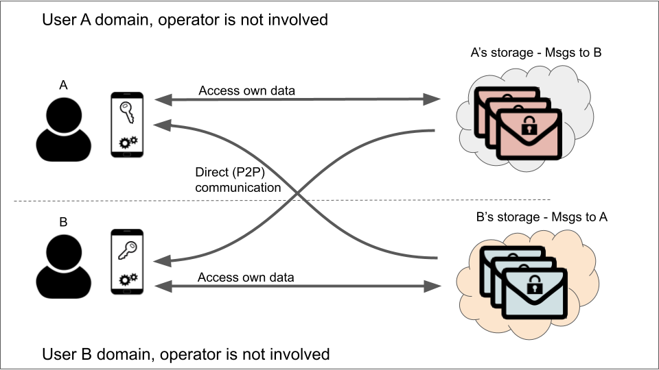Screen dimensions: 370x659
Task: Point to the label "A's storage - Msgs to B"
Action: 535,52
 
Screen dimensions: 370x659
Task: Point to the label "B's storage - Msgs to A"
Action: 542,217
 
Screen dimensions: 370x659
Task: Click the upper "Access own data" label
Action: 246,90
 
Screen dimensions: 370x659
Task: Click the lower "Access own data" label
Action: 246,277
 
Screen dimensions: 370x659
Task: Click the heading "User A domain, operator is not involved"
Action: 185,20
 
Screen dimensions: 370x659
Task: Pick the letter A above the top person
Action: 63,85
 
